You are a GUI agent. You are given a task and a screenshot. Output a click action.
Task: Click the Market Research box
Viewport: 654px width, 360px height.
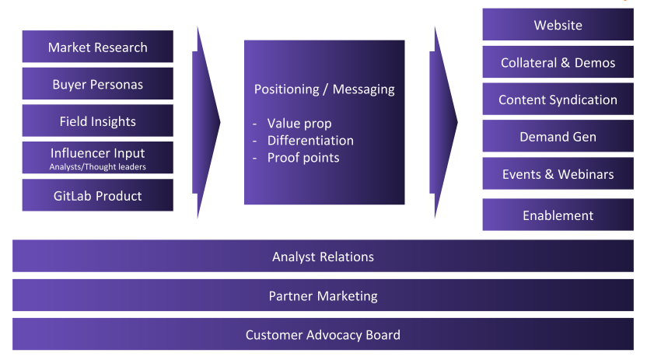click(x=98, y=47)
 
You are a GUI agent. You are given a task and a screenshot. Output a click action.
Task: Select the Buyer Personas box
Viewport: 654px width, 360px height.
click(x=98, y=84)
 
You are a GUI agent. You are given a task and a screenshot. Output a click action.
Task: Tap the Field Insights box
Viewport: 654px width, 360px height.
click(x=98, y=121)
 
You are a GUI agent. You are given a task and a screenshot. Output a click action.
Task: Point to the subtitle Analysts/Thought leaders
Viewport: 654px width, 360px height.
click(x=98, y=167)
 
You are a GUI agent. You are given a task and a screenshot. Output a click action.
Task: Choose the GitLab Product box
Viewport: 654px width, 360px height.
click(x=98, y=195)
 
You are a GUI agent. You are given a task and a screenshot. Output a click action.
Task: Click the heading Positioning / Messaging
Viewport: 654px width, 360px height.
click(x=324, y=89)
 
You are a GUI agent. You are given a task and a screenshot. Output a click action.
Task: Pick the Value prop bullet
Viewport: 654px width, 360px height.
click(x=299, y=124)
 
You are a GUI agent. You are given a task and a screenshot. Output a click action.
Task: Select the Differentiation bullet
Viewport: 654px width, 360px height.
click(x=310, y=141)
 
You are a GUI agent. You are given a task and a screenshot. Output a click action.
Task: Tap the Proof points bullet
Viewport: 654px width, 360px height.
click(x=303, y=158)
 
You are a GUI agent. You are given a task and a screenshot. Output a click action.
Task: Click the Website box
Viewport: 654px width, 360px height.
click(x=558, y=25)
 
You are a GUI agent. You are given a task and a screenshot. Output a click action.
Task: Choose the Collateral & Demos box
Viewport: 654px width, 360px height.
click(x=558, y=62)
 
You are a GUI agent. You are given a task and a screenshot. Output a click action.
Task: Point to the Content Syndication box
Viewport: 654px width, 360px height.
click(x=558, y=100)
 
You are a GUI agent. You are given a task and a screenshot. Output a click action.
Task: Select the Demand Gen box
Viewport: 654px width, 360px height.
click(x=558, y=136)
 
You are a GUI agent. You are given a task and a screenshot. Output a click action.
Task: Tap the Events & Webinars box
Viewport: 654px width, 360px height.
click(x=558, y=173)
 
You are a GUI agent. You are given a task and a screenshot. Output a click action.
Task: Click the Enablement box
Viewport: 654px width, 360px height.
click(x=558, y=215)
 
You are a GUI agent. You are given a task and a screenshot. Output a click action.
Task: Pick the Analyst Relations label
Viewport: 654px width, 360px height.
click(x=324, y=257)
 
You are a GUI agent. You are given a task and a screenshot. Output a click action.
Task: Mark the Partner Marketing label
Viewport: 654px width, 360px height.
click(x=324, y=295)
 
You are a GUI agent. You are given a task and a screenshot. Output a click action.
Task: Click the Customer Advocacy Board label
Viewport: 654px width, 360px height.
click(x=324, y=335)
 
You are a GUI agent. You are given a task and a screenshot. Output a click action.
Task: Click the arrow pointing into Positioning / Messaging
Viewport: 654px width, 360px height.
click(x=205, y=122)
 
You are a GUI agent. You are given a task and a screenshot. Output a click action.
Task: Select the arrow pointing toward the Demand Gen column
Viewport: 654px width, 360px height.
click(x=442, y=122)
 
